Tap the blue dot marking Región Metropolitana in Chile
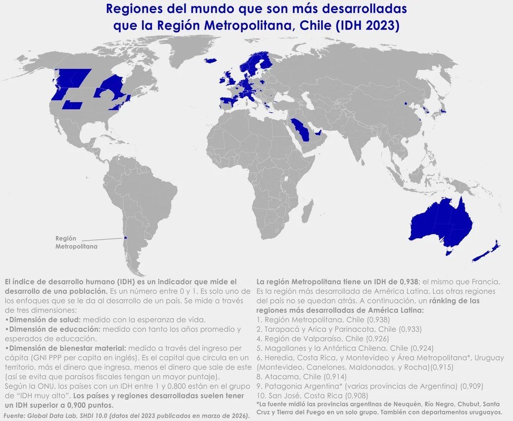pos(125,239)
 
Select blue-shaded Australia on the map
pos(439,223)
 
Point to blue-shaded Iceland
pos(210,60)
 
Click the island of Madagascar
pos(307,211)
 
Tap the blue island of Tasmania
pos(448,252)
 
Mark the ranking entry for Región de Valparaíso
pos(323,338)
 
